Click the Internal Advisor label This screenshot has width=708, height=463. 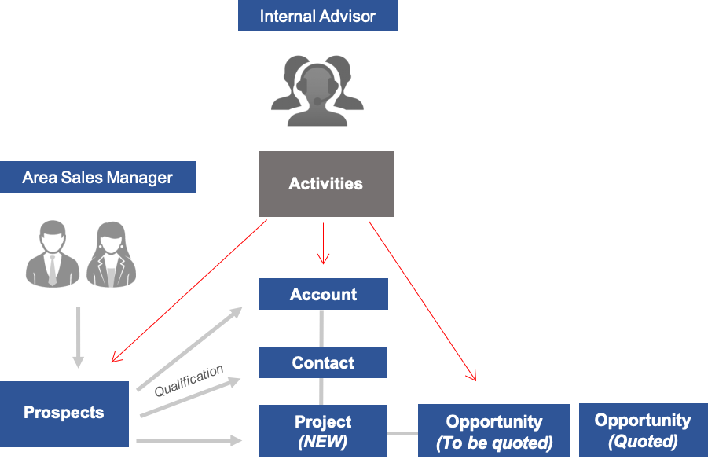tap(317, 16)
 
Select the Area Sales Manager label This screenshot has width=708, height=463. tap(97, 177)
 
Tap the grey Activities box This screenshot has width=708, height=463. tap(326, 184)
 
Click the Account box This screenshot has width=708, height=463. tap(323, 294)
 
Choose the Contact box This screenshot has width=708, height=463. tap(323, 362)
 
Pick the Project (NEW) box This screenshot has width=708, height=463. tap(323, 431)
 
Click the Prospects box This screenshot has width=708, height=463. tap(64, 413)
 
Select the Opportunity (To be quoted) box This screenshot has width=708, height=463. tap(493, 432)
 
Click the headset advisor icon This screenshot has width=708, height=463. tap(317, 90)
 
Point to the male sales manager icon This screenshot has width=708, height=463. tap(52, 254)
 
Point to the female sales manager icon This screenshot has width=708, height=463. tap(112, 254)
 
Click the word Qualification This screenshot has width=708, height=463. tap(189, 380)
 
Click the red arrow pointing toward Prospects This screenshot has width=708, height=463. tap(189, 291)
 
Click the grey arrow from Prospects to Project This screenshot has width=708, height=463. tap(189, 441)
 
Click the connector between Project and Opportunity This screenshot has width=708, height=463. tap(402, 432)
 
